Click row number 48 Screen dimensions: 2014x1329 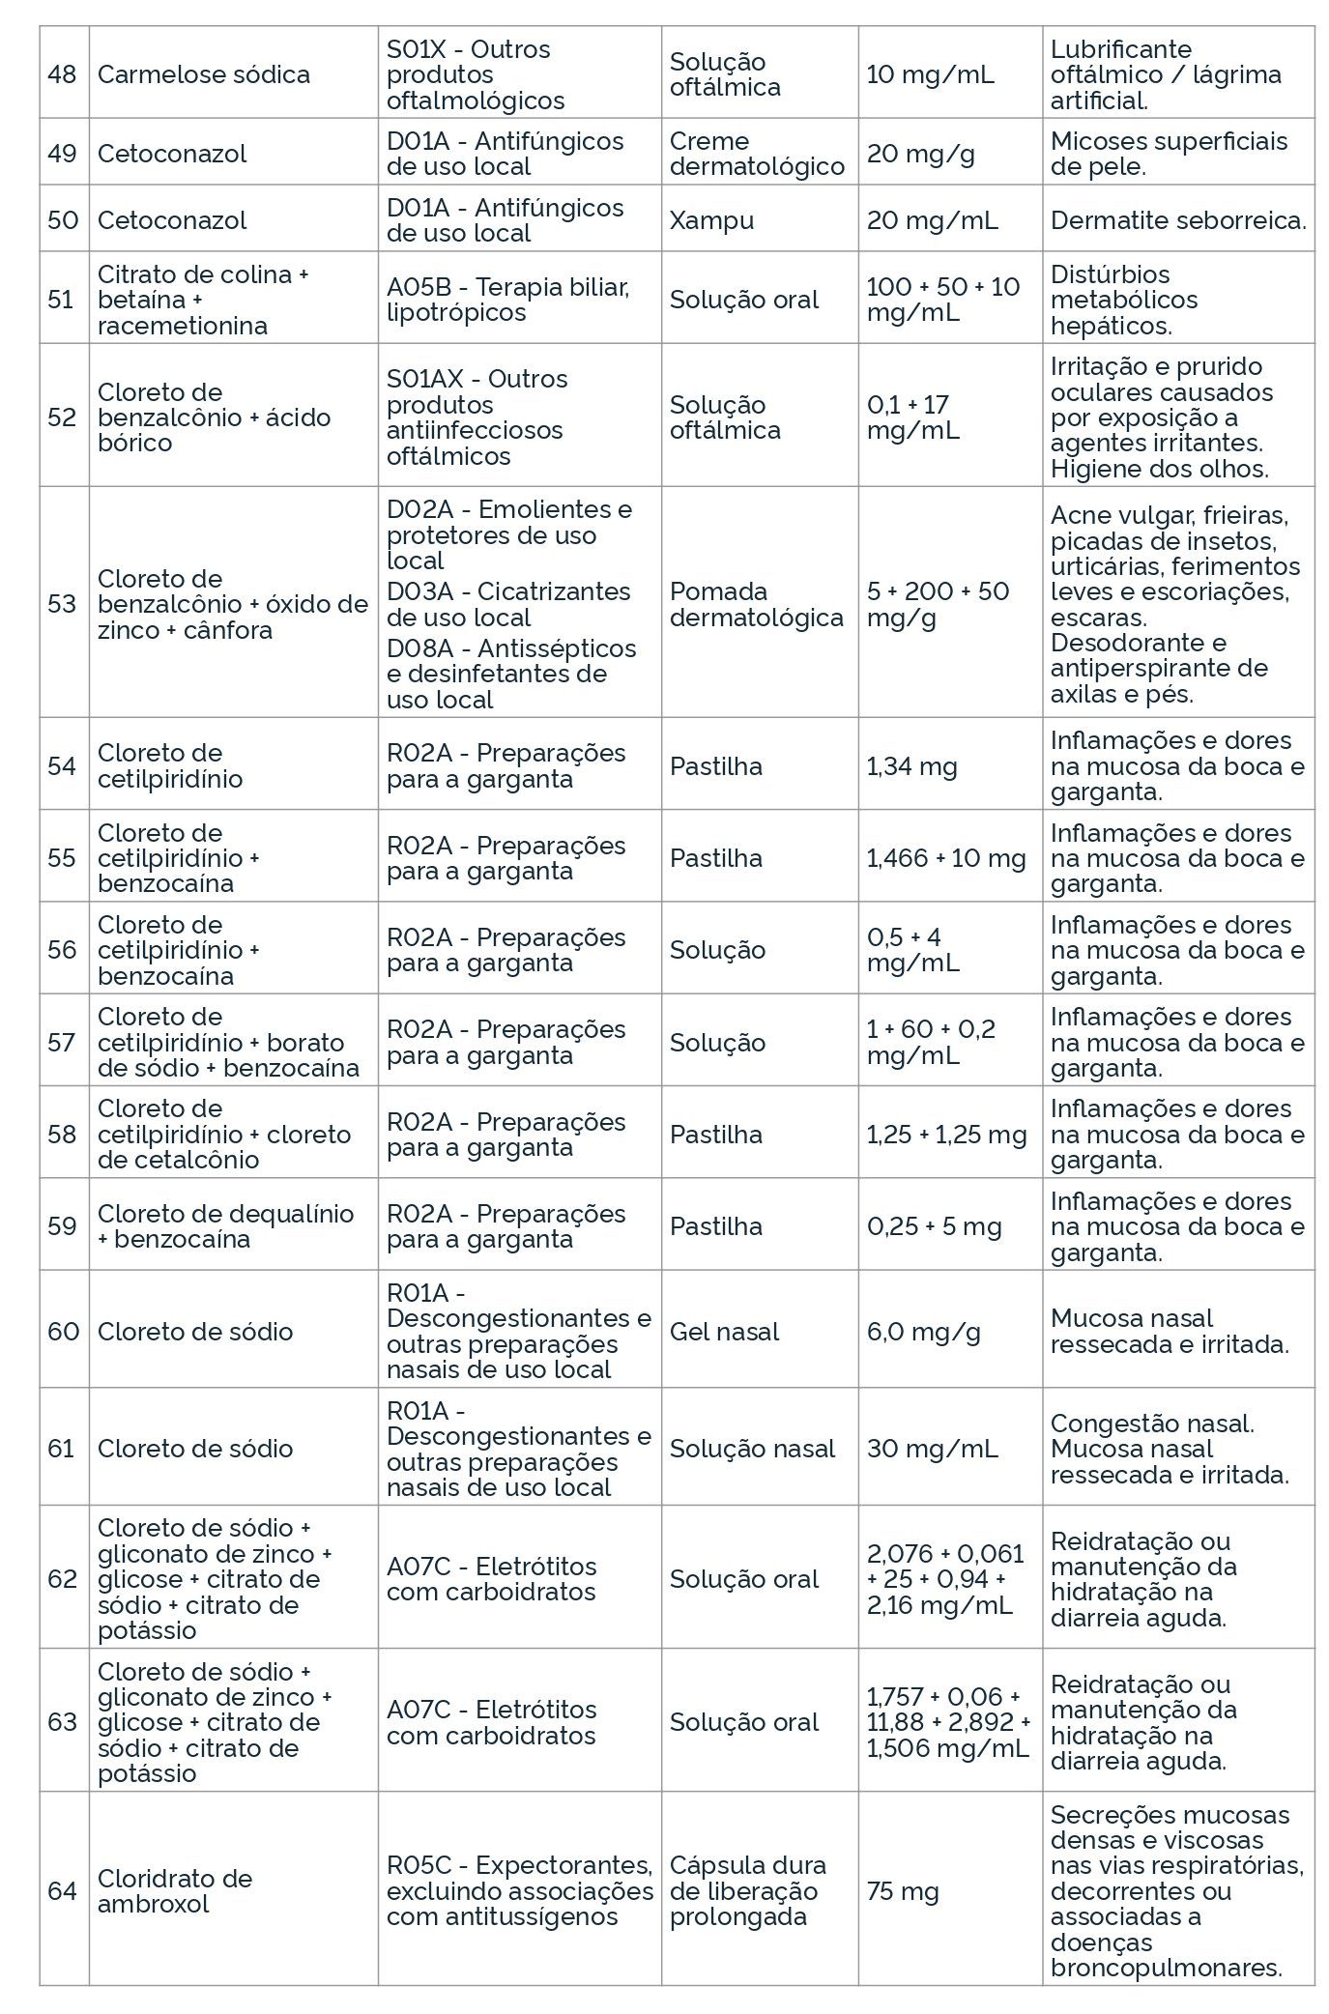(62, 74)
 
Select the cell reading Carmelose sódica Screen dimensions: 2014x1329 (203, 74)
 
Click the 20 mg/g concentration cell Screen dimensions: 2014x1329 (920, 154)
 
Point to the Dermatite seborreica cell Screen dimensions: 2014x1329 (1177, 220)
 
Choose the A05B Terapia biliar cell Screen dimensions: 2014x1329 (507, 300)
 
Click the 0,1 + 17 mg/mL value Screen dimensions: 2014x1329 (912, 417)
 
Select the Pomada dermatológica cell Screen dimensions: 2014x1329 (756, 604)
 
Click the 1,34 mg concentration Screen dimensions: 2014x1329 (911, 766)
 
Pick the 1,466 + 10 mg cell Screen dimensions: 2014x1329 (945, 858)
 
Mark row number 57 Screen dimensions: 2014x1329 (62, 1042)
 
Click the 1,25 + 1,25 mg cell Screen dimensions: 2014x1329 (945, 1135)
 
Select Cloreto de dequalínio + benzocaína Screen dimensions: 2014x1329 (225, 1226)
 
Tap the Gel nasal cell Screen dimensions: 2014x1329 (724, 1332)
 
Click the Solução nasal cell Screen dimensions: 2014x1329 (752, 1449)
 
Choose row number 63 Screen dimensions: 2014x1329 (62, 1721)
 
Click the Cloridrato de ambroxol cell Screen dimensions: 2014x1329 (174, 1890)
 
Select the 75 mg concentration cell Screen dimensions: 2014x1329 (902, 1890)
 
